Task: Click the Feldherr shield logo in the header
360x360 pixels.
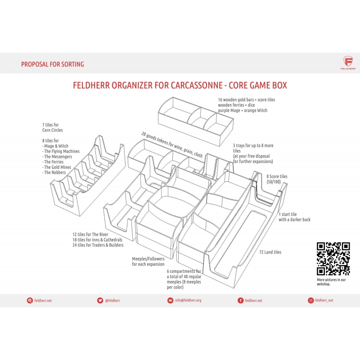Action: pyautogui.click(x=348, y=62)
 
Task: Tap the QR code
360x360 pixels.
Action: pyautogui.click(x=333, y=259)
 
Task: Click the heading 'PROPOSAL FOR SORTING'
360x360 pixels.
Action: pyautogui.click(x=53, y=64)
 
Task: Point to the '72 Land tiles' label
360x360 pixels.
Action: pyautogui.click(x=270, y=252)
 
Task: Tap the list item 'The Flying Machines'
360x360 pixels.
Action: pyautogui.click(x=62, y=151)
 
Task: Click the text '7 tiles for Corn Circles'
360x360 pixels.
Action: pyautogui.click(x=52, y=127)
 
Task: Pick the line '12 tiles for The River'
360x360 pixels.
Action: pyautogui.click(x=90, y=234)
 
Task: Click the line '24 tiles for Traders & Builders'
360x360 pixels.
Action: pyautogui.click(x=98, y=245)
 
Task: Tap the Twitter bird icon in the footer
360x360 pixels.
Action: pyautogui.click(x=100, y=300)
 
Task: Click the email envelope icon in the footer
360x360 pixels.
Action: pyautogui.click(x=170, y=300)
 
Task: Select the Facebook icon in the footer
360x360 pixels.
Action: pyautogui.click(x=240, y=300)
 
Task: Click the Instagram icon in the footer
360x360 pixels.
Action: pyautogui.click(x=310, y=300)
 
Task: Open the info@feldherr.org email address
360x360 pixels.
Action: pyautogui.click(x=188, y=300)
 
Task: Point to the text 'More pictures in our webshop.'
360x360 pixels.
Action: pyautogui.click(x=331, y=282)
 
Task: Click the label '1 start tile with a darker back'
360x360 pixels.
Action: pyautogui.click(x=295, y=217)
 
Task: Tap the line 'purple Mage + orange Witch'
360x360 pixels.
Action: pyautogui.click(x=243, y=110)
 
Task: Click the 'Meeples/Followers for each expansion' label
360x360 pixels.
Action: pyautogui.click(x=148, y=261)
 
